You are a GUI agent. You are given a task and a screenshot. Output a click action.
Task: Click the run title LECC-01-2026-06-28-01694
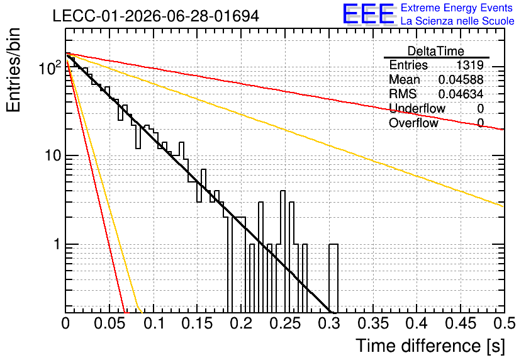156,16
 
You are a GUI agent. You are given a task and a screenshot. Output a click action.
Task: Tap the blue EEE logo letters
368,14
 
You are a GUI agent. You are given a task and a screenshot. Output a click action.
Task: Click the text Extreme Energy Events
457,8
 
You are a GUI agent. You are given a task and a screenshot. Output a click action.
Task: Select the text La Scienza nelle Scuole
457,21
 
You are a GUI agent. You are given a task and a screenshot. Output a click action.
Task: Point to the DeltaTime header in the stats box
436,51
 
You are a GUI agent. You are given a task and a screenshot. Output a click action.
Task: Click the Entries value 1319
469,65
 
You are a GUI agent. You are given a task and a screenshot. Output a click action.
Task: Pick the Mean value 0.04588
461,79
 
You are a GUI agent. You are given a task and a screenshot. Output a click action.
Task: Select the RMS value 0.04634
461,94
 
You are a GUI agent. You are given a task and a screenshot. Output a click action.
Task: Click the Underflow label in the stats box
417,108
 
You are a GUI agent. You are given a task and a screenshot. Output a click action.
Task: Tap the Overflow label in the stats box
413,123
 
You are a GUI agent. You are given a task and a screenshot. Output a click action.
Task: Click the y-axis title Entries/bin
14,70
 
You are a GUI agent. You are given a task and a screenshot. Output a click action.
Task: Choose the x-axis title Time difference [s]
430,346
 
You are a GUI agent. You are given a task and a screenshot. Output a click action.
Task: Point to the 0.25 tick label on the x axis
285,323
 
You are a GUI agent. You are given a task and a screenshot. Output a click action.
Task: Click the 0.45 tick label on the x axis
461,323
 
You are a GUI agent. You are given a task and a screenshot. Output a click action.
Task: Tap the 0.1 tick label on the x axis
154,323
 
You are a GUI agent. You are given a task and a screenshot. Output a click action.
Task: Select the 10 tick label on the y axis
52,155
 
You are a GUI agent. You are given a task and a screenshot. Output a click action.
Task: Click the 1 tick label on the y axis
57,245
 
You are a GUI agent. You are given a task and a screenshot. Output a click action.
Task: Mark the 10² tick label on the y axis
50,67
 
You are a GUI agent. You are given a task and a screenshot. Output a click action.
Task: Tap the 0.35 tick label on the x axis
373,323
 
